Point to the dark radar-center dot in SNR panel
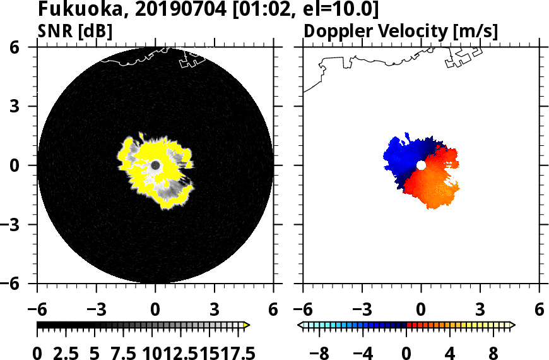[155, 165]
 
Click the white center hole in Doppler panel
[421, 165]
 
